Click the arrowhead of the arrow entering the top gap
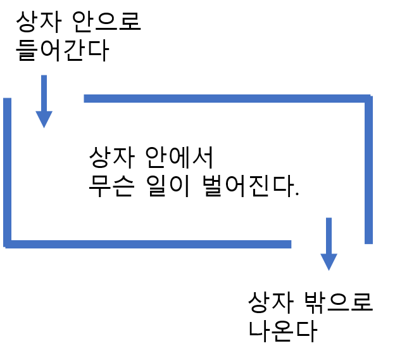(44, 119)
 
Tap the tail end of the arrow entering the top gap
(44, 76)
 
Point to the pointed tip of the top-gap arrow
(44, 128)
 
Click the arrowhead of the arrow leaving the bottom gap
(329, 261)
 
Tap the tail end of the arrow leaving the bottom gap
(329, 219)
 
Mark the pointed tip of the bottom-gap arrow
(329, 271)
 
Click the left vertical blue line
(8, 171)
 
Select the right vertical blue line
(368, 171)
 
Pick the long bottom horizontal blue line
(149, 244)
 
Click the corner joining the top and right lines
(368, 98)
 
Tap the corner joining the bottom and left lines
(8, 244)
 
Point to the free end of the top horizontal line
(85, 98)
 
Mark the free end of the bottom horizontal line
(290, 244)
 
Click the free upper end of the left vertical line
(8, 100)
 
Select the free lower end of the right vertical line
(368, 243)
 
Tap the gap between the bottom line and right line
(329, 244)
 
